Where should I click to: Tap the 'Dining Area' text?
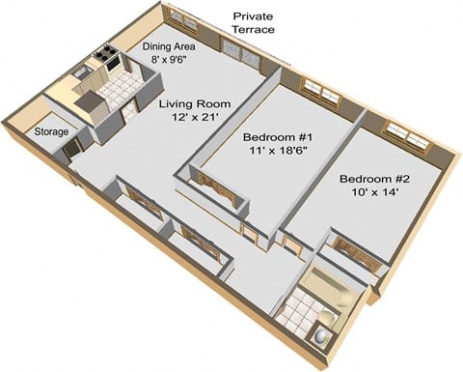click(x=170, y=46)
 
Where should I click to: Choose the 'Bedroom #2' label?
click(x=374, y=179)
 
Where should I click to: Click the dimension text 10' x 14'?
click(x=374, y=194)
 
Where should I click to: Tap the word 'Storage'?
click(x=51, y=131)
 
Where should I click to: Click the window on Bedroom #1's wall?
click(x=321, y=92)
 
